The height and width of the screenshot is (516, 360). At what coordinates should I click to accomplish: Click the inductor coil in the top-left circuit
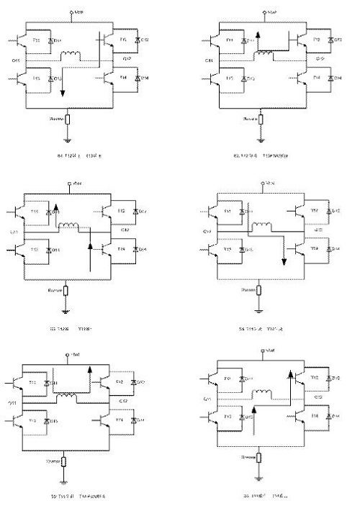coord(71,55)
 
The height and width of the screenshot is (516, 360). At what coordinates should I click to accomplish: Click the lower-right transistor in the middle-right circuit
coord(300,249)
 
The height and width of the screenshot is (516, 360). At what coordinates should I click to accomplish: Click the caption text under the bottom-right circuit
coord(265,497)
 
